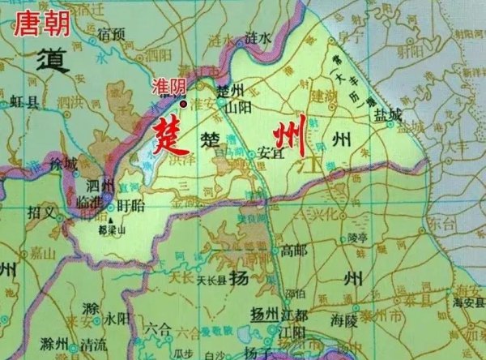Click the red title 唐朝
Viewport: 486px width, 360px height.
pyautogui.click(x=40, y=22)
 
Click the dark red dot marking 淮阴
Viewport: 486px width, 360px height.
pyautogui.click(x=184, y=103)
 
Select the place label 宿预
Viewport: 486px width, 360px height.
pyautogui.click(x=110, y=33)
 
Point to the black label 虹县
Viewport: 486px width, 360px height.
pyautogui.click(x=25, y=101)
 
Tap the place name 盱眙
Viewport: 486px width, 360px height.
pyautogui.click(x=130, y=205)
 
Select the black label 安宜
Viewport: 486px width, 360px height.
pyautogui.click(x=268, y=152)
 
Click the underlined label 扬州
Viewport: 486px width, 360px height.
pyautogui.click(x=264, y=314)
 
